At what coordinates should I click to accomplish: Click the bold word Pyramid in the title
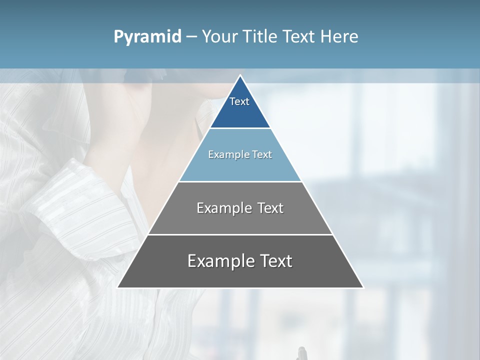tap(147, 37)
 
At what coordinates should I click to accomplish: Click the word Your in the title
tap(219, 37)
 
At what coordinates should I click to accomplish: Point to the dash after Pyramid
tap(191, 37)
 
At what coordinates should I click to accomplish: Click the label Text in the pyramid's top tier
tap(239, 101)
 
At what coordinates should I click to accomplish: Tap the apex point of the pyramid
tap(240, 76)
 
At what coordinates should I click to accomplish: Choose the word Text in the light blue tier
tap(262, 154)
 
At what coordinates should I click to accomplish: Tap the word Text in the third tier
tap(270, 208)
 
